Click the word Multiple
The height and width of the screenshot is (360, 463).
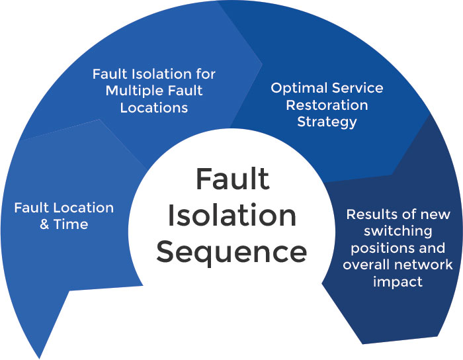click(132, 91)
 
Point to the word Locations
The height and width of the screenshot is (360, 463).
click(154, 107)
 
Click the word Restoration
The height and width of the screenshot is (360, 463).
click(327, 105)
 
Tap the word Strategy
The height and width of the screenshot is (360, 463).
click(327, 122)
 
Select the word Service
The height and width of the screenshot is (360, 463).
click(357, 88)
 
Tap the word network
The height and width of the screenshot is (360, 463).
click(427, 265)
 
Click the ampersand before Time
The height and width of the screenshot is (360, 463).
click(45, 224)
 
